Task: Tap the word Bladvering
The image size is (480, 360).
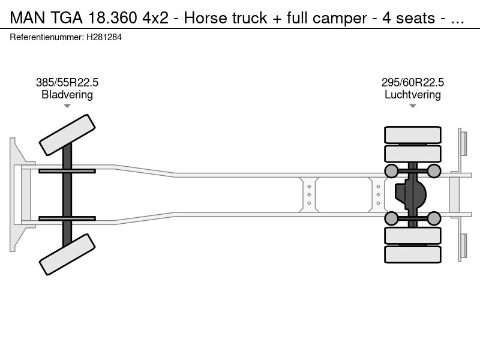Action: pos(67,95)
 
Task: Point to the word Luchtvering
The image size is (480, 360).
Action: pos(413,95)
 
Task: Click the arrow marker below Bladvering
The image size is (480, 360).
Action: pos(67,106)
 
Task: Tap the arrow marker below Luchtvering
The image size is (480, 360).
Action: pos(413,106)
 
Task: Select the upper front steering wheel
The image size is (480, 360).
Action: pos(67,135)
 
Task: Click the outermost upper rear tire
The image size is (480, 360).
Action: pos(412,134)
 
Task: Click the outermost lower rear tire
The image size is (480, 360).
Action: pos(412,254)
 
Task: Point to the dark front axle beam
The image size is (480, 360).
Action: pos(67,194)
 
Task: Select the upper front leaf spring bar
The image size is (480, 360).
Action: pos(67,171)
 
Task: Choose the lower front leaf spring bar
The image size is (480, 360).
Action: pos(67,218)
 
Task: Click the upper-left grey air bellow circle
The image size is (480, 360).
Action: pos(391,171)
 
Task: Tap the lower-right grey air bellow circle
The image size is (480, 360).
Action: pos(434,218)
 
